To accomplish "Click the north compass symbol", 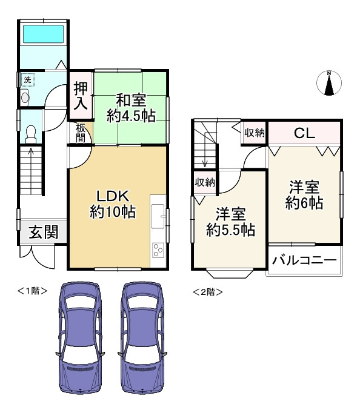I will pyautogui.click(x=329, y=83).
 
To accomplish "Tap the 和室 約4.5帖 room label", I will pyautogui.click(x=131, y=108).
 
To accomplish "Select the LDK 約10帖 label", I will pyautogui.click(x=112, y=204).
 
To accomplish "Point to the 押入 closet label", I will pyautogui.click(x=81, y=96).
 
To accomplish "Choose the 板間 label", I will pyautogui.click(x=81, y=132).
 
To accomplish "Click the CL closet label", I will pyautogui.click(x=304, y=133).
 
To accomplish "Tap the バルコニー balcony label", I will pyautogui.click(x=304, y=260).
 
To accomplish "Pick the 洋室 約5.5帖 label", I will pyautogui.click(x=230, y=222).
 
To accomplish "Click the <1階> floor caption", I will pyautogui.click(x=32, y=291).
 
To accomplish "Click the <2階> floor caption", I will pyautogui.click(x=207, y=292).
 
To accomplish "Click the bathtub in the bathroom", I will pyautogui.click(x=43, y=35).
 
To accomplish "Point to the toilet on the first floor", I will pyautogui.click(x=32, y=136).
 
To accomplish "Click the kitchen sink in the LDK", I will pyautogui.click(x=157, y=214).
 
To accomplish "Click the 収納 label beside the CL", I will pyautogui.click(x=255, y=132).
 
